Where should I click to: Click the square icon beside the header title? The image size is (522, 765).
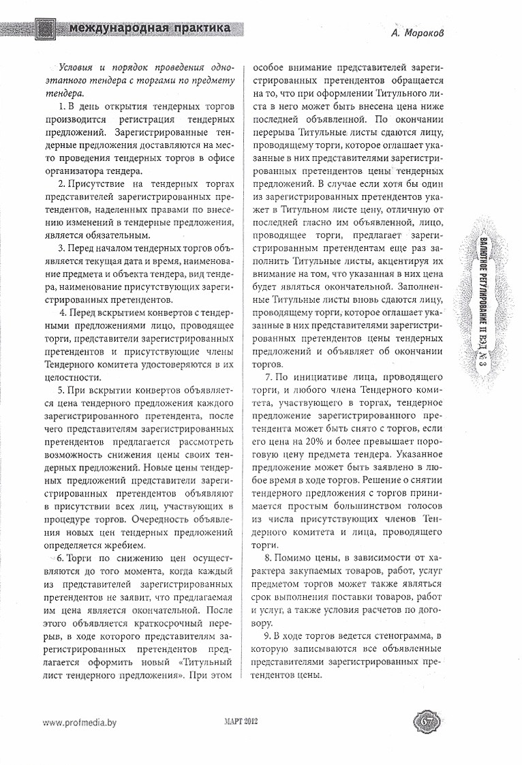pyautogui.click(x=46, y=28)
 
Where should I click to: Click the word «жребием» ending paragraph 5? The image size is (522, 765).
pyautogui.click(x=124, y=545)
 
